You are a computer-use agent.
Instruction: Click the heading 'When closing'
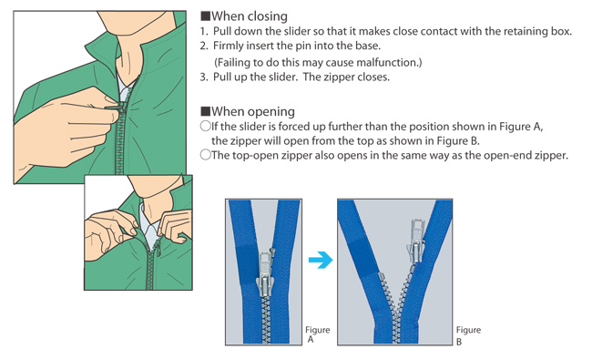tap(250, 16)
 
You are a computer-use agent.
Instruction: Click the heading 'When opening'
tap(253, 112)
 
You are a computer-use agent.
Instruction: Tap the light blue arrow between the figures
tap(321, 260)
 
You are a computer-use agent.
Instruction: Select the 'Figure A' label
tap(317, 334)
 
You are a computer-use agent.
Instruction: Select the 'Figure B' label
tap(468, 335)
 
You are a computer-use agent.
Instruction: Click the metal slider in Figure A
tap(266, 270)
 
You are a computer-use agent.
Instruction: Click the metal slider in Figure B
tap(415, 240)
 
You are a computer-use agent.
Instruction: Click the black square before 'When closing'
tap(206, 15)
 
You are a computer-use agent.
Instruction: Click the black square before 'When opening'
tap(206, 111)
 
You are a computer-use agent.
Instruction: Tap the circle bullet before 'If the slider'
tap(206, 126)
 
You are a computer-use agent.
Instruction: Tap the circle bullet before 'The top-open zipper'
tap(206, 155)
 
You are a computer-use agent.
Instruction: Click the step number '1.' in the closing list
tap(204, 31)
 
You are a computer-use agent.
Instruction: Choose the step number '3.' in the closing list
tap(204, 77)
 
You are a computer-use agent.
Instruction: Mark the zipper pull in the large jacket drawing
tap(115, 108)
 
